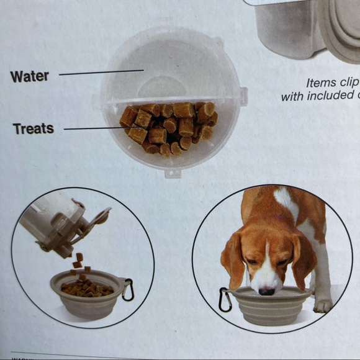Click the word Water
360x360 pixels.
pyautogui.click(x=29, y=77)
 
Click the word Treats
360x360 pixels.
pyautogui.click(x=33, y=129)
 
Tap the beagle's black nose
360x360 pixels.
pyautogui.click(x=266, y=290)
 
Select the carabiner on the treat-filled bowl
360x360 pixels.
pyautogui.click(x=128, y=290)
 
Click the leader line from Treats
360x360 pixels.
pyautogui.click(x=93, y=128)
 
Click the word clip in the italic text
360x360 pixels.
pyautogui.click(x=348, y=83)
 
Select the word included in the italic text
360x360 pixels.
pyautogui.click(x=329, y=97)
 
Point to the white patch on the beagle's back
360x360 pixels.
pyautogui.click(x=287, y=201)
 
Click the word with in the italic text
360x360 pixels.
pyautogui.click(x=291, y=97)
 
